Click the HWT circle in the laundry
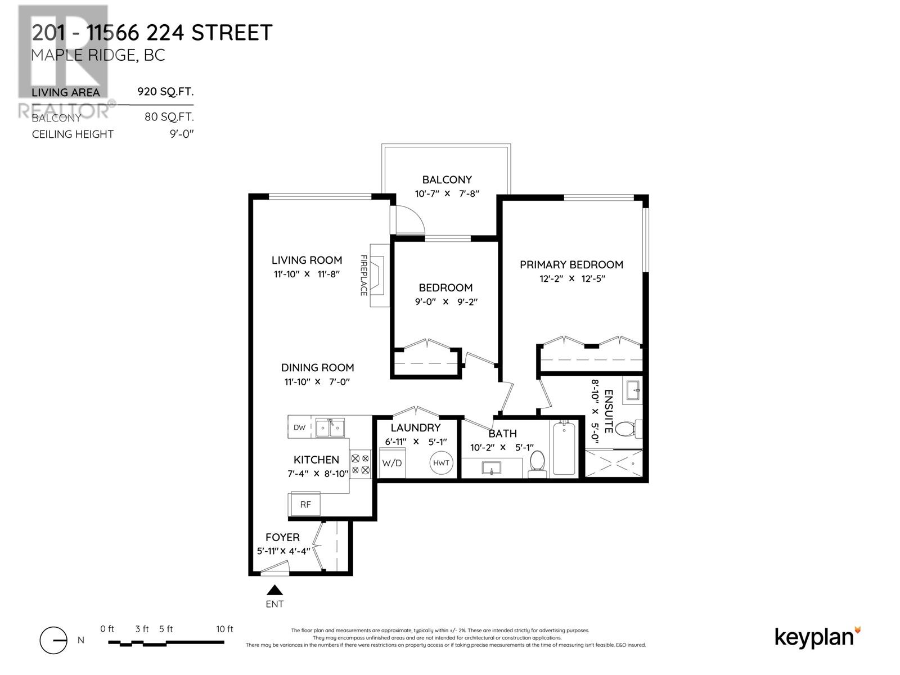pyautogui.click(x=441, y=463)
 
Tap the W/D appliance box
pyautogui.click(x=392, y=463)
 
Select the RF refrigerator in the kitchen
pyautogui.click(x=305, y=505)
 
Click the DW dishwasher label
pyautogui.click(x=299, y=427)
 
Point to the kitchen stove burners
pyautogui.click(x=361, y=465)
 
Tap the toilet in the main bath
pyautogui.click(x=537, y=464)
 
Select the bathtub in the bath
pyautogui.click(x=564, y=448)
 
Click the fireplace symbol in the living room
pyautogui.click(x=379, y=276)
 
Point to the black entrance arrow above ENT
pyautogui.click(x=274, y=589)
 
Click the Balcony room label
pyautogui.click(x=447, y=179)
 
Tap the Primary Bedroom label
pyautogui.click(x=571, y=265)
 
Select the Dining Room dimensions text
pyautogui.click(x=317, y=382)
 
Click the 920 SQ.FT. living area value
pyautogui.click(x=165, y=91)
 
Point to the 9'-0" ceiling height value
pyautogui.click(x=182, y=134)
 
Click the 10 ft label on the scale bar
pyautogui.click(x=224, y=629)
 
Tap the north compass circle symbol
pyautogui.click(x=53, y=640)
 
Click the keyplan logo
pyautogui.click(x=817, y=638)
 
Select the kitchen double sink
pyautogui.click(x=330, y=428)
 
